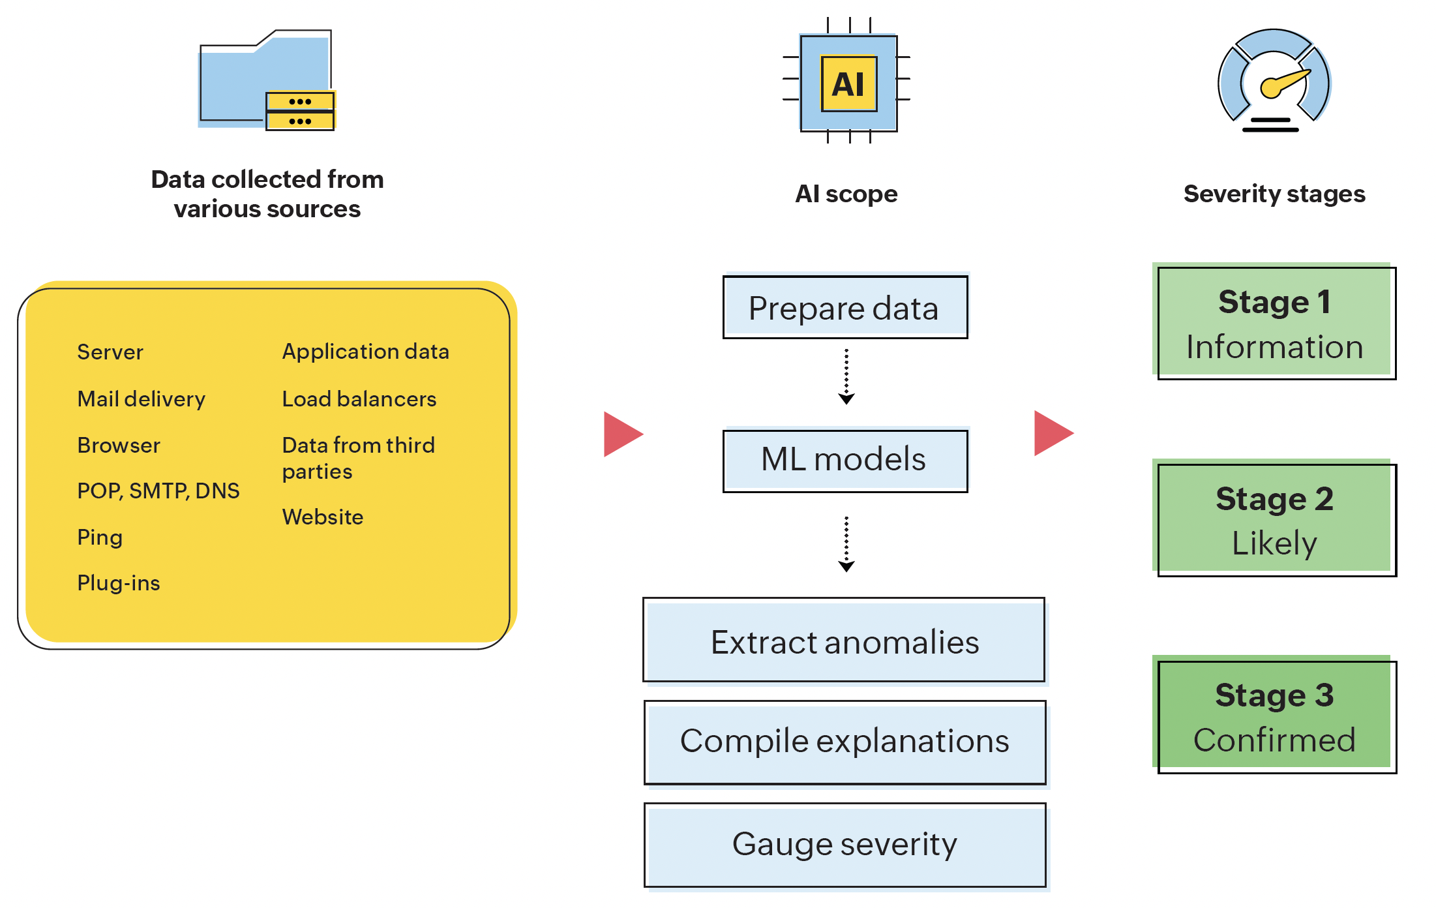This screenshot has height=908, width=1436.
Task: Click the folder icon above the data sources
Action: click(266, 80)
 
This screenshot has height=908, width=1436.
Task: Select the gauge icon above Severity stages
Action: click(1274, 81)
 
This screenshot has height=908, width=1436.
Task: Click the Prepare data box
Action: click(845, 307)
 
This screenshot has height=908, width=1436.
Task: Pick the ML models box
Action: click(845, 460)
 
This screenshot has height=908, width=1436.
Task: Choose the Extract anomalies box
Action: click(845, 641)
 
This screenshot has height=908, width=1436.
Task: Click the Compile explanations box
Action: click(845, 742)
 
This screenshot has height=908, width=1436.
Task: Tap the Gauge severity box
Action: click(845, 845)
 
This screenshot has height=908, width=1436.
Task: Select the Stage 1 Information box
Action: click(1276, 324)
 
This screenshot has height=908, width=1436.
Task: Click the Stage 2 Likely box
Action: click(1276, 520)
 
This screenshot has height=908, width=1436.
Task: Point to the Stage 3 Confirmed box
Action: click(1276, 717)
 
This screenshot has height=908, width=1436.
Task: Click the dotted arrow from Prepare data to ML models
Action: click(846, 377)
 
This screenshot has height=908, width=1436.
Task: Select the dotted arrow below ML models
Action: click(846, 544)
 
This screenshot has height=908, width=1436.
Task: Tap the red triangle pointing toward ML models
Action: click(621, 434)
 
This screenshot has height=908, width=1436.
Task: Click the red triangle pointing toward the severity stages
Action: click(1052, 433)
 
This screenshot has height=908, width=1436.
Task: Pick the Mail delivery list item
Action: click(142, 399)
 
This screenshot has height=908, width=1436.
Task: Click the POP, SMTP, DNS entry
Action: click(158, 491)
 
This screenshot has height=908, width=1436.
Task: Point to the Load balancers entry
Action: click(359, 399)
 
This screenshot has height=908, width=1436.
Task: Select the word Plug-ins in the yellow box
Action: click(119, 583)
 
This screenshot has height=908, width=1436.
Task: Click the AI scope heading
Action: click(846, 194)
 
